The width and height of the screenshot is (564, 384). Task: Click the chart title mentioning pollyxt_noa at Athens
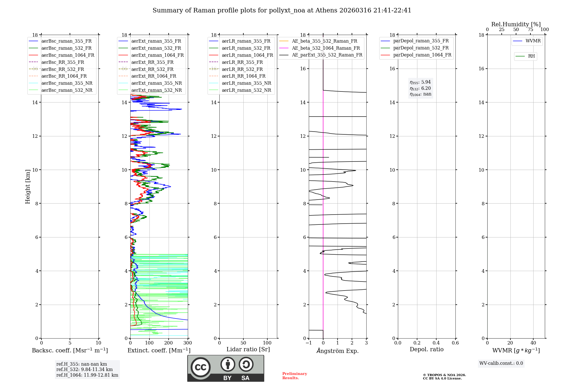pyautogui.click(x=282, y=10)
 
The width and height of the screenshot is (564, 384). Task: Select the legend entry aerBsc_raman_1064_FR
pyautogui.click(x=68, y=55)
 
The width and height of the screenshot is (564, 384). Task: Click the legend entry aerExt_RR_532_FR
pyautogui.click(x=152, y=69)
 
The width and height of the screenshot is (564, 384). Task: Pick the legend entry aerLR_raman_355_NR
pyautogui.click(x=246, y=83)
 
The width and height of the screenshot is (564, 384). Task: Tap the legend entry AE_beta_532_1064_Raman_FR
pyautogui.click(x=326, y=48)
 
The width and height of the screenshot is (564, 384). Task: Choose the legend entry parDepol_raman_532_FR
pyautogui.click(x=421, y=48)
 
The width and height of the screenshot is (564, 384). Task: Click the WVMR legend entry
pyautogui.click(x=533, y=41)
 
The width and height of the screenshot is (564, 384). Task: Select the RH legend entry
pyautogui.click(x=531, y=56)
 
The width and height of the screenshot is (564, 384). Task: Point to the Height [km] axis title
pyautogui.click(x=28, y=186)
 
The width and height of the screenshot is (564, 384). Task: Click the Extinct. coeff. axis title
pyautogui.click(x=159, y=350)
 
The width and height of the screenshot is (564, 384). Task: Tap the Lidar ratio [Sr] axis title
pyautogui.click(x=248, y=349)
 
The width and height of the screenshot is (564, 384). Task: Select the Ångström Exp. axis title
pyautogui.click(x=338, y=351)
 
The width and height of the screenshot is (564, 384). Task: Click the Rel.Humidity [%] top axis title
pyautogui.click(x=516, y=24)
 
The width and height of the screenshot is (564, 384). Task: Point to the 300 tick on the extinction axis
pyautogui.click(x=188, y=343)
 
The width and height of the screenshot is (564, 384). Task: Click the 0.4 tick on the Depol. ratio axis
pyautogui.click(x=436, y=343)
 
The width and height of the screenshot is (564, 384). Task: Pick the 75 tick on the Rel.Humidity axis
pyautogui.click(x=530, y=30)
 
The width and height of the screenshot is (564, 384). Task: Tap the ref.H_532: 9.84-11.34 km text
pyautogui.click(x=84, y=369)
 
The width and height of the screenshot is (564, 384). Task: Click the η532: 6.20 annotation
pyautogui.click(x=420, y=88)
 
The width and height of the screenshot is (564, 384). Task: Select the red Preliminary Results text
pyautogui.click(x=294, y=376)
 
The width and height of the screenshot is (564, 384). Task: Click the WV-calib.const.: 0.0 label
pyautogui.click(x=501, y=363)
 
